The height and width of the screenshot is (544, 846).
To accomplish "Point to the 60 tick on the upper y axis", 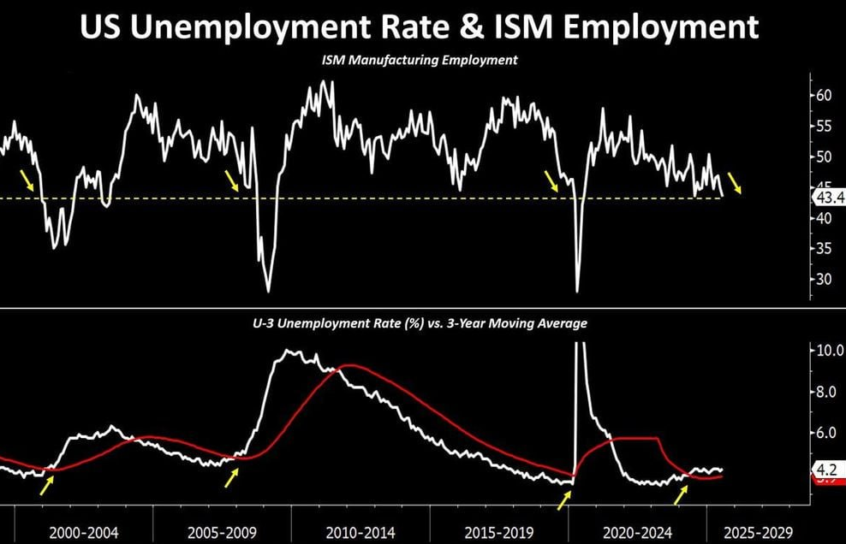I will pos(824,95).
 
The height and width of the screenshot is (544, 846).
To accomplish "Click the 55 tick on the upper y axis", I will pos(824,126).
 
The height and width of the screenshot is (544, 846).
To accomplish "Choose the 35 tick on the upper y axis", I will pos(824,249).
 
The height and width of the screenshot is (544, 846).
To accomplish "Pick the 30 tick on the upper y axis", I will pos(824,280).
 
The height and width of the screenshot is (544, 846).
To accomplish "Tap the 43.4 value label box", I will pos(828,198).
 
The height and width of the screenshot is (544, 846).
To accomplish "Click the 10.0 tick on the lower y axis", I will pos(826,350).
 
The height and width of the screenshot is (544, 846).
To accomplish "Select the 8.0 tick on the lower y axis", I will pos(826,392).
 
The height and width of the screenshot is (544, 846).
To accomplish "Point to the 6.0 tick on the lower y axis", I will pos(826,433).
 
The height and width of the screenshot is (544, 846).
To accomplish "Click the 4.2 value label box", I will pos(826,469).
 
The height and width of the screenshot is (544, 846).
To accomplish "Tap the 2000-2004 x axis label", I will pos(84,531).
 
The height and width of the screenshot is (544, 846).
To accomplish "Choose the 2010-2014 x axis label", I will pos(361,531).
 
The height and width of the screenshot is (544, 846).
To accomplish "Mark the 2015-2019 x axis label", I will pos(499,531).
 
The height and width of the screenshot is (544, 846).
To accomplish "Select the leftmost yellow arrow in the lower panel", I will pos(48,482).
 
